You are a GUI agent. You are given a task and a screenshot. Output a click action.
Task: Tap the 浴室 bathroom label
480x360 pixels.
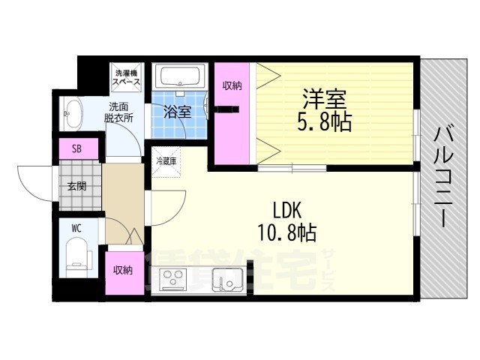[x=178, y=112]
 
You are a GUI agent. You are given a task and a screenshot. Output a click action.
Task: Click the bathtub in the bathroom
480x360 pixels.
[x=181, y=77]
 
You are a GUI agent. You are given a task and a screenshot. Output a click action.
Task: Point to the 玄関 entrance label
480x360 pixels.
[x=77, y=186]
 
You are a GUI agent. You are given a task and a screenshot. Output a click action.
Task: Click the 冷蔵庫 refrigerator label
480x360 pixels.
[x=166, y=160]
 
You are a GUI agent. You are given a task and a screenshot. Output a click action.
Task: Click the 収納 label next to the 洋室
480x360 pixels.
[x=232, y=85]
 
